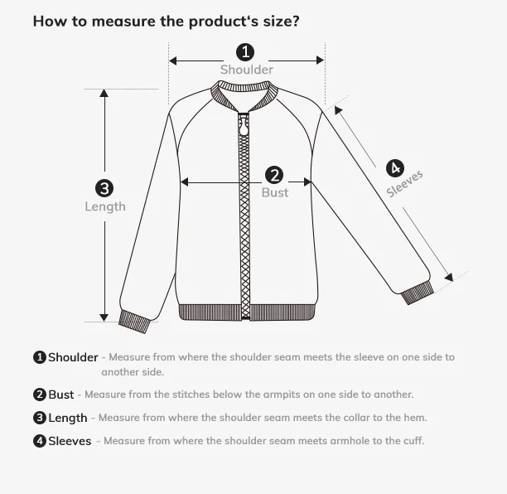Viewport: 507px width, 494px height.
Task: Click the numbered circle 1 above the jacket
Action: [x=246, y=53]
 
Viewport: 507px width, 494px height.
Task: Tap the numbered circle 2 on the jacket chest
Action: [x=274, y=175]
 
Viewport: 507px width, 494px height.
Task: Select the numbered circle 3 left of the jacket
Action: [x=104, y=188]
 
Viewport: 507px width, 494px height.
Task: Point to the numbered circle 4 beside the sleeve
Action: [x=395, y=168]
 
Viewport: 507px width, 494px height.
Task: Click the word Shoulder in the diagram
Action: [x=246, y=70]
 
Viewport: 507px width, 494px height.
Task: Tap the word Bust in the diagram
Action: [x=275, y=192]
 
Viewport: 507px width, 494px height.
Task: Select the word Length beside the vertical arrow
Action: [x=105, y=206]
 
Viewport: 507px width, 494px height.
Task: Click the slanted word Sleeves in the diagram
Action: [x=405, y=184]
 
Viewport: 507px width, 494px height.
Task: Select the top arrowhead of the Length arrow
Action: [x=104, y=94]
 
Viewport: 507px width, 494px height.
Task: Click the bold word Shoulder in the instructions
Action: [x=73, y=357]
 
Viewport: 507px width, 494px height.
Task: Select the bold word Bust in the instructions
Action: [x=60, y=395]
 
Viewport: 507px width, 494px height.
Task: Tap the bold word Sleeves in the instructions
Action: [x=70, y=441]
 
